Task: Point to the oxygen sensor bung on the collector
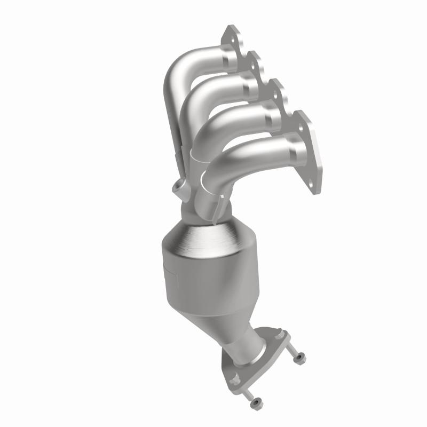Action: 178,188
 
